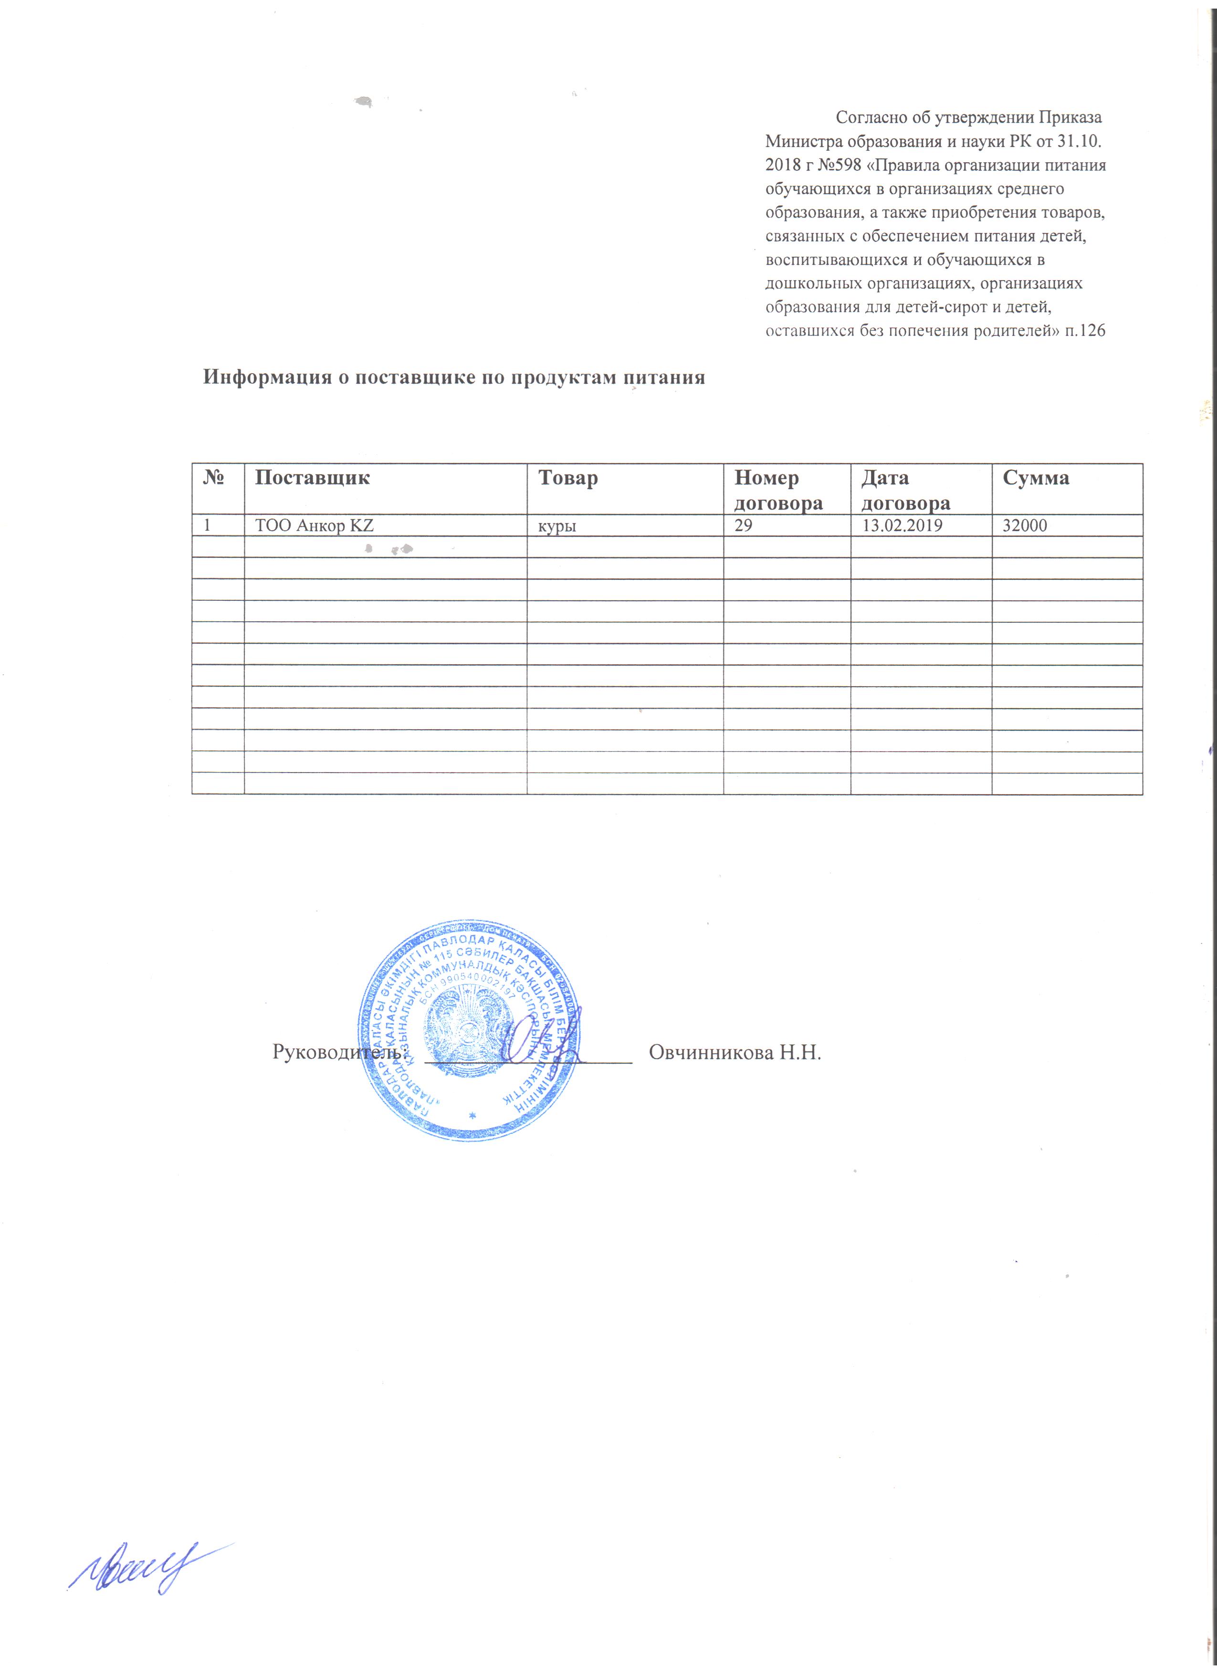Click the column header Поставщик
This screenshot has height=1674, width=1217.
point(312,478)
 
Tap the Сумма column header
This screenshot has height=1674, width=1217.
point(1036,478)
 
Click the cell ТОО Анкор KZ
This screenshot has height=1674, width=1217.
point(315,526)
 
